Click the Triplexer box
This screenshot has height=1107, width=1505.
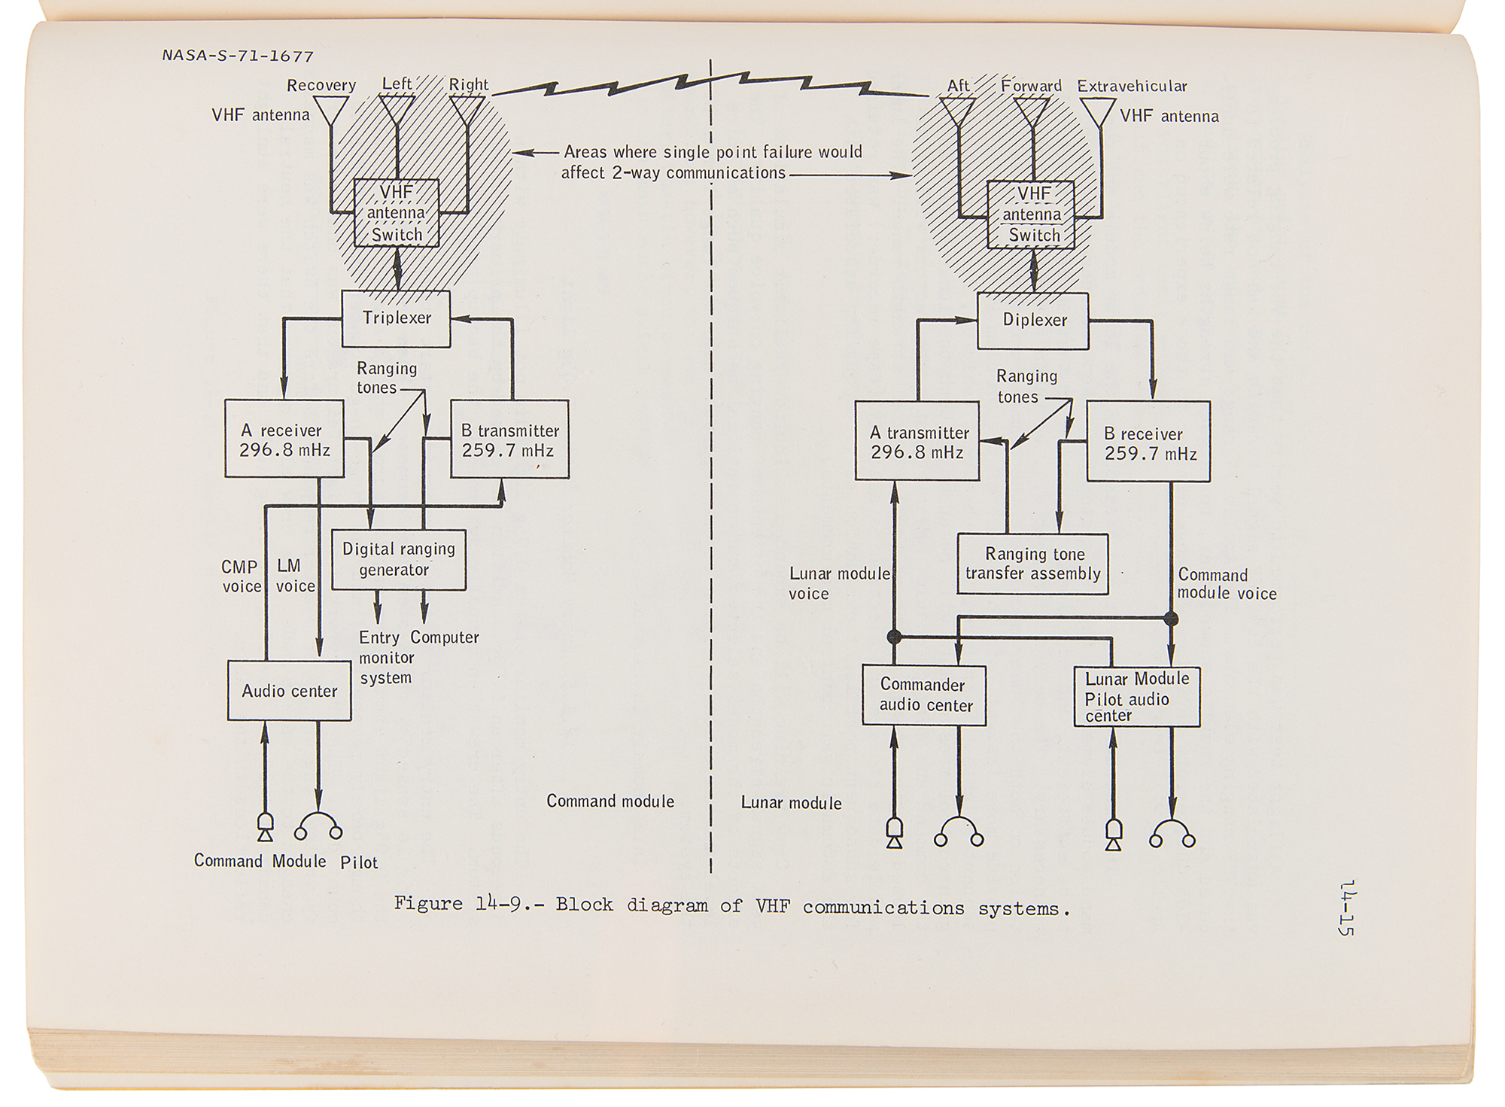tap(396, 318)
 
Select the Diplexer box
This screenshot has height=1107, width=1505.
tap(1033, 321)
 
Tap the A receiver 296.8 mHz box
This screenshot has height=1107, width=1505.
tap(284, 439)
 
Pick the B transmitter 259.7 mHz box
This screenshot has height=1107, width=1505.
tap(509, 440)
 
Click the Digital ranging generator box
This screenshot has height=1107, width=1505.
tap(399, 560)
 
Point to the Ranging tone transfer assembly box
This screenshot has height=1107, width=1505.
tap(1032, 564)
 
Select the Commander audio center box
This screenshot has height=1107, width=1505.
tap(924, 695)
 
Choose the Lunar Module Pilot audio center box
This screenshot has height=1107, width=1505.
tap(1136, 697)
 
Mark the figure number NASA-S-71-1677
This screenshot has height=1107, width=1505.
tap(238, 56)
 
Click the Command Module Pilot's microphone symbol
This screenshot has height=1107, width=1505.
tap(265, 826)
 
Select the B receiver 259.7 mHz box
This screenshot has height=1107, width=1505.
tap(1148, 442)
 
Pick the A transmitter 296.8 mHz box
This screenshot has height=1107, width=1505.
tap(917, 442)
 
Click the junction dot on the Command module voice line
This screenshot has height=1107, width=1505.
tap(1171, 619)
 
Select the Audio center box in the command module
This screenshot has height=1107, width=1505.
tap(290, 691)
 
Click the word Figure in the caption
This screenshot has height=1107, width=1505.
tap(427, 903)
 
